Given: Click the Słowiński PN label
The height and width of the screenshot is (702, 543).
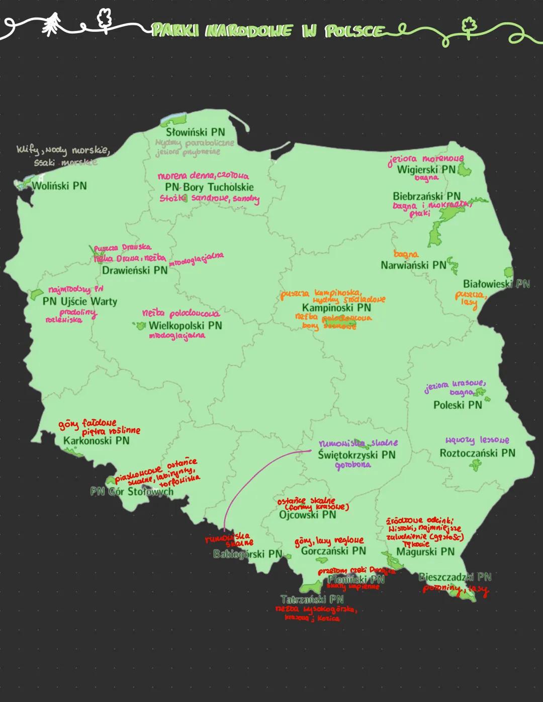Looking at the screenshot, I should (x=196, y=132).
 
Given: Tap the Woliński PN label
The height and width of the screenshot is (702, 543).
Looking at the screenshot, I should (x=59, y=186).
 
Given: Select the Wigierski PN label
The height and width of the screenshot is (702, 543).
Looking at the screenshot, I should (x=426, y=170).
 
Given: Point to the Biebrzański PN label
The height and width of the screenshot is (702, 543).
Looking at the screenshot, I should (x=426, y=196).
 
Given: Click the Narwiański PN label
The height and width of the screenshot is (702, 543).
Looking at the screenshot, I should (x=413, y=265).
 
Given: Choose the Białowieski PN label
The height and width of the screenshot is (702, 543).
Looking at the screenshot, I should (x=496, y=284).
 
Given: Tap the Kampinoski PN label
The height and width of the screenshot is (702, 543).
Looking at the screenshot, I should (x=336, y=307).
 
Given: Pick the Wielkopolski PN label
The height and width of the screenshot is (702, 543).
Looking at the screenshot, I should (x=185, y=326).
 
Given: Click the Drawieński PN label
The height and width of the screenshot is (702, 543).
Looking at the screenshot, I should (x=135, y=270).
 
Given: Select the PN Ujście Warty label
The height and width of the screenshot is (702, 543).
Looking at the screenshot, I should (x=79, y=301).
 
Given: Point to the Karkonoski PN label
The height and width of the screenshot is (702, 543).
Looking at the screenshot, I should (x=96, y=440).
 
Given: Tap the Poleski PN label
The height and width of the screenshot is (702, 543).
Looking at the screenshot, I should (x=458, y=405).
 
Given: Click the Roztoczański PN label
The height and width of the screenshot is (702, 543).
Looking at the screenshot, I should (x=477, y=453).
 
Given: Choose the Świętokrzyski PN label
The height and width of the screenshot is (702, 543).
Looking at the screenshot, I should (x=356, y=454).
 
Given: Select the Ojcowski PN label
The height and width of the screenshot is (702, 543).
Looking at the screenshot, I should (x=307, y=514).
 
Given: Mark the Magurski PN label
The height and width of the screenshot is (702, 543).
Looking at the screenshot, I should (x=425, y=551).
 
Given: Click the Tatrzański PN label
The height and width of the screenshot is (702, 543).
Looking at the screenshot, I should (x=312, y=599).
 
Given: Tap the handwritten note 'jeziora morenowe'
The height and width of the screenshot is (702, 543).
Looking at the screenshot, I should (x=426, y=159).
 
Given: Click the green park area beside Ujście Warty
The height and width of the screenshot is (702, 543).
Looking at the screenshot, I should (x=35, y=294).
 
